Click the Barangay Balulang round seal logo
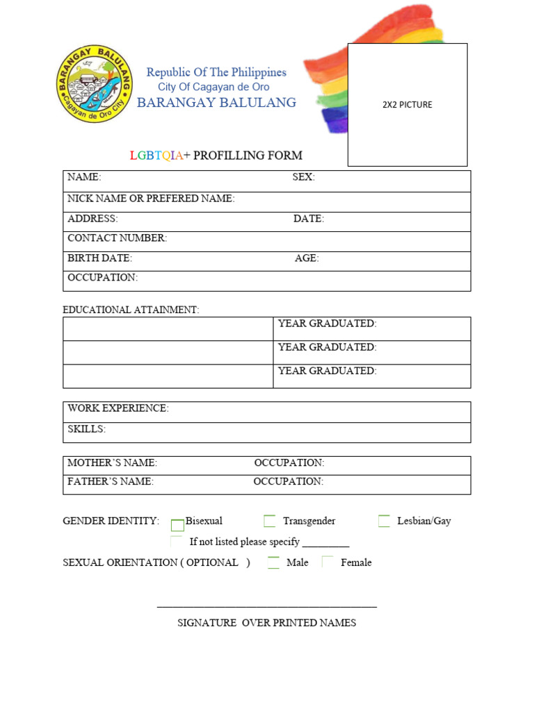94,84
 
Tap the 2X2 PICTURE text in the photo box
407,105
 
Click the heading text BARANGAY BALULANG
216,103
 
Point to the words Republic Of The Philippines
216,72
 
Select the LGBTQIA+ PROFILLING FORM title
216,156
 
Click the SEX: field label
303,178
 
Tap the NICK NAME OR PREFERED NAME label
151,199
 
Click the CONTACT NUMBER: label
117,238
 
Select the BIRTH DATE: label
99,258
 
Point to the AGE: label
307,258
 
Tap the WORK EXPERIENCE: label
118,408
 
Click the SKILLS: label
86,429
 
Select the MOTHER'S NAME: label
112,462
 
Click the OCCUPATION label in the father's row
288,481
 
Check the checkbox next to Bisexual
177,525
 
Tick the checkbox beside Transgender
270,521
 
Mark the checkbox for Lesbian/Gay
384,521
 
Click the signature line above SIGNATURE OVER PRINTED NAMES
267,607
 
